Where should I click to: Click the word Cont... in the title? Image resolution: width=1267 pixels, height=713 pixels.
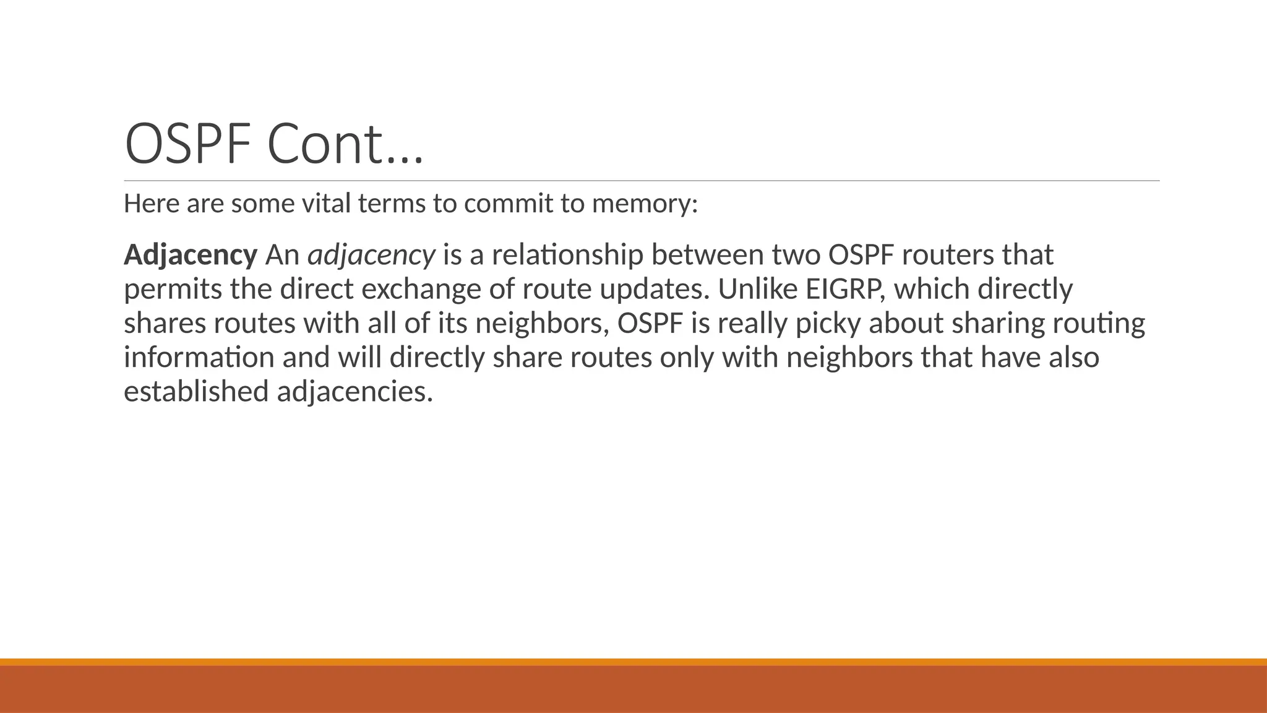pyautogui.click(x=345, y=144)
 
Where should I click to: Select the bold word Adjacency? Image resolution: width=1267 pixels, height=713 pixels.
pyautogui.click(x=191, y=255)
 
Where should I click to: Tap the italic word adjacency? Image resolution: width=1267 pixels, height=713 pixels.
pyautogui.click(x=371, y=255)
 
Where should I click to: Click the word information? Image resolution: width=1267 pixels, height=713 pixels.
pyautogui.click(x=199, y=358)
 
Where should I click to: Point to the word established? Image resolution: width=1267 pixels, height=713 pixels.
pyautogui.click(x=196, y=392)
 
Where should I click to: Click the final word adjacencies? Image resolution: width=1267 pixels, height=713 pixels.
pyautogui.click(x=354, y=392)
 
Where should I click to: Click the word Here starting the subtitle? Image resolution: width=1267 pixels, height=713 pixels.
pyautogui.click(x=152, y=203)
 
